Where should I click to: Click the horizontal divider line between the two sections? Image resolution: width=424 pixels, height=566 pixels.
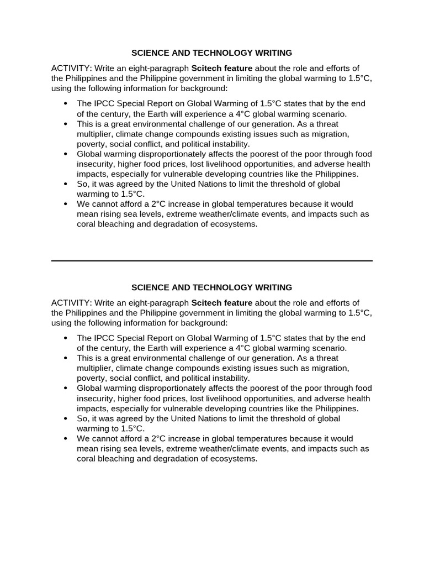pos(212,260)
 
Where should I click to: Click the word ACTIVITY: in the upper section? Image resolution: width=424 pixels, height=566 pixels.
pos(71,69)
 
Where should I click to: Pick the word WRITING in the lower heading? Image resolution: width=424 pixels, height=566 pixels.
pos(272,287)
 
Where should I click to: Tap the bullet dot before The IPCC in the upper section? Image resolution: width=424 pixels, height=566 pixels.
pos(66,104)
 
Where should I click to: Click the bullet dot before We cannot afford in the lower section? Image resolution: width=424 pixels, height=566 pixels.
pos(66,438)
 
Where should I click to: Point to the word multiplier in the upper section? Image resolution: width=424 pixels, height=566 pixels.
pos(95,134)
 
